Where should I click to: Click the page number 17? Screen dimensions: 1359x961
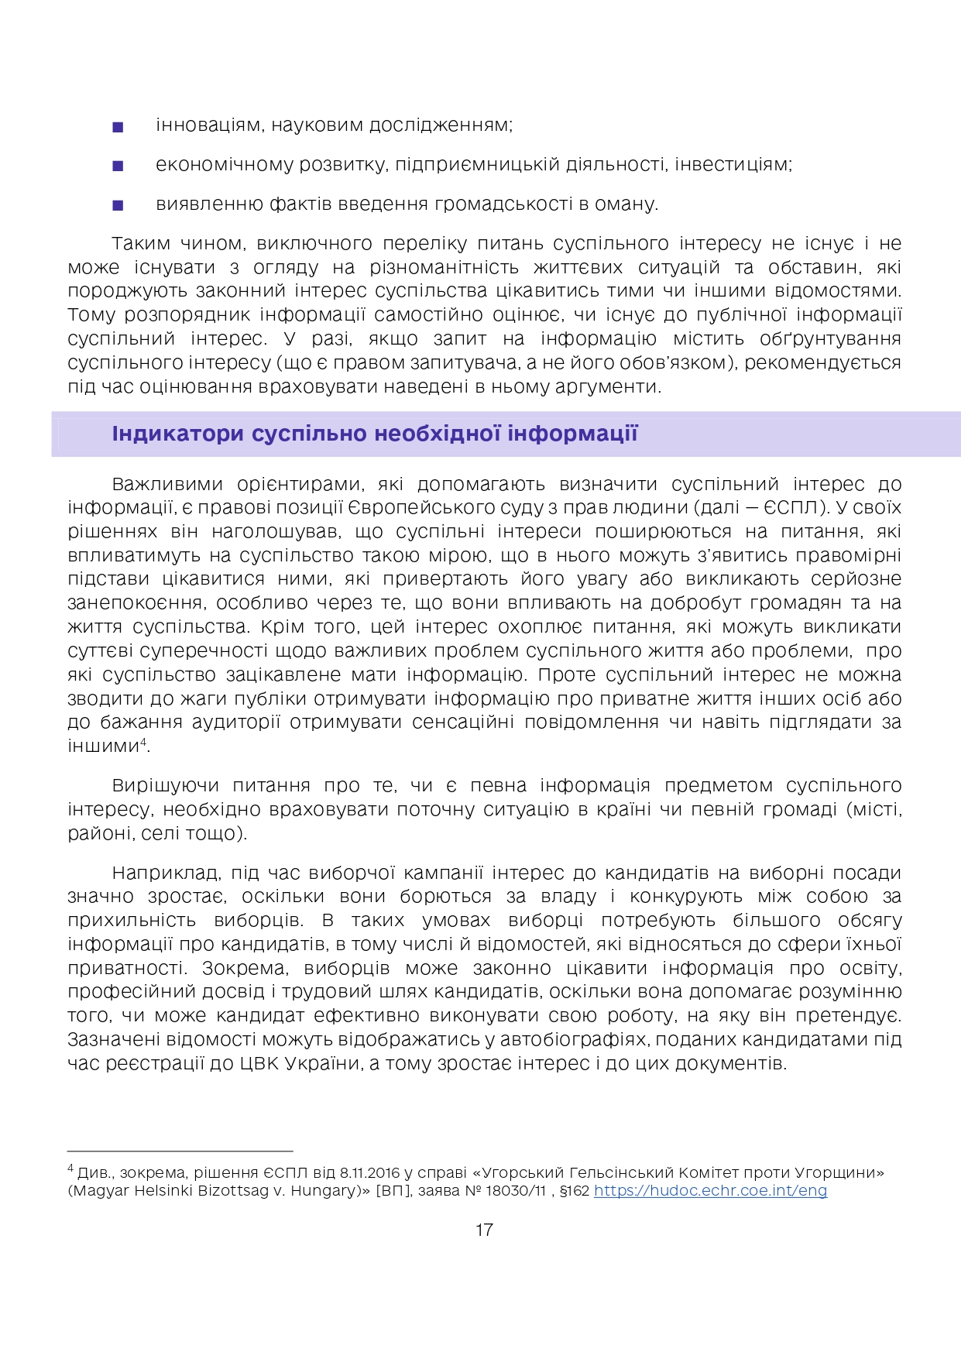click(x=484, y=1230)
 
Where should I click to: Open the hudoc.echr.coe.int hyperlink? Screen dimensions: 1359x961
click(x=710, y=1191)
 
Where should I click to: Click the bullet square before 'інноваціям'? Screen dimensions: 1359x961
click(x=118, y=127)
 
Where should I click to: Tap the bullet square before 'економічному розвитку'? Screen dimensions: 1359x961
click(x=118, y=166)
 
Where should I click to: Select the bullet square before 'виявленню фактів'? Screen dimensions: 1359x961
click(x=118, y=205)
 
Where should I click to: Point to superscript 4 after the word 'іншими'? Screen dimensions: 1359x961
click(x=143, y=743)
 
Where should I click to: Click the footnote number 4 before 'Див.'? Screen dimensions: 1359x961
click(x=70, y=1169)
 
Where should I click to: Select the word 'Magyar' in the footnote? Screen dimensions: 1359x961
click(x=99, y=1191)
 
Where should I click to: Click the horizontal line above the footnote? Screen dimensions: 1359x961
click(x=180, y=1151)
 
